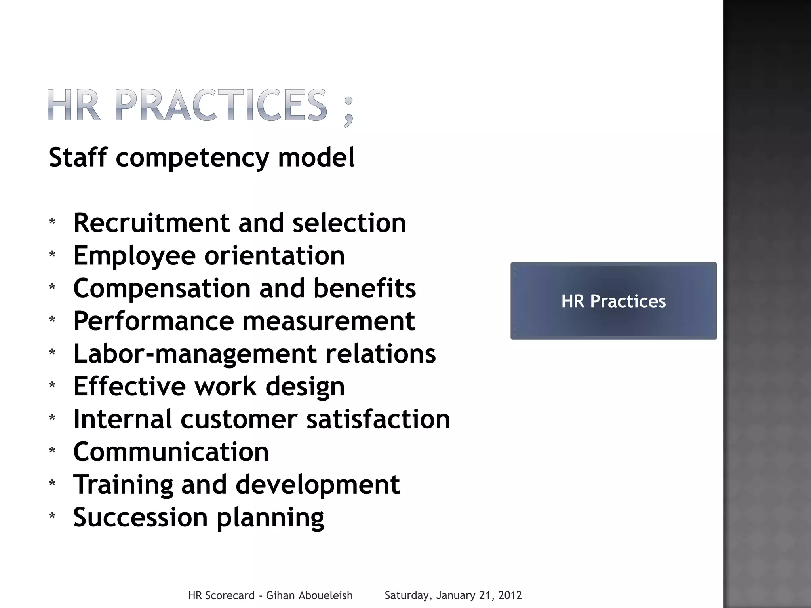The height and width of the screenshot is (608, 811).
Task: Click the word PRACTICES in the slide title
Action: [222, 105]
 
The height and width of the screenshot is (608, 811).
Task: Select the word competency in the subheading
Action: [192, 158]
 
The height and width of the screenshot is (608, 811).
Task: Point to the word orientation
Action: [274, 256]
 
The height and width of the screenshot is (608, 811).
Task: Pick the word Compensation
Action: [162, 289]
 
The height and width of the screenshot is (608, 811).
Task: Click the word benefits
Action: [365, 288]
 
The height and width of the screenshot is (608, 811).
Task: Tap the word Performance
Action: [154, 321]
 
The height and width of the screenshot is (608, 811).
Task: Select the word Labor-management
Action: [195, 354]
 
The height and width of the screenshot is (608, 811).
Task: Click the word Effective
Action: [129, 386]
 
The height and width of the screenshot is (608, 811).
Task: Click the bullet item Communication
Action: [171, 452]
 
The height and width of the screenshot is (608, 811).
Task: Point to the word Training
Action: [123, 485]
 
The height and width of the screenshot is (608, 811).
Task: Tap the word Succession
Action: [141, 517]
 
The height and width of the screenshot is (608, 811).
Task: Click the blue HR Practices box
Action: [613, 301]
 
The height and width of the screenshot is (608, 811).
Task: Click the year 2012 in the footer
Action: [510, 595]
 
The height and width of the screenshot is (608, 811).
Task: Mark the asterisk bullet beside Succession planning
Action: [52, 516]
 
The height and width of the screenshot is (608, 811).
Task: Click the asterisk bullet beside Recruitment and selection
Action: [52, 222]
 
